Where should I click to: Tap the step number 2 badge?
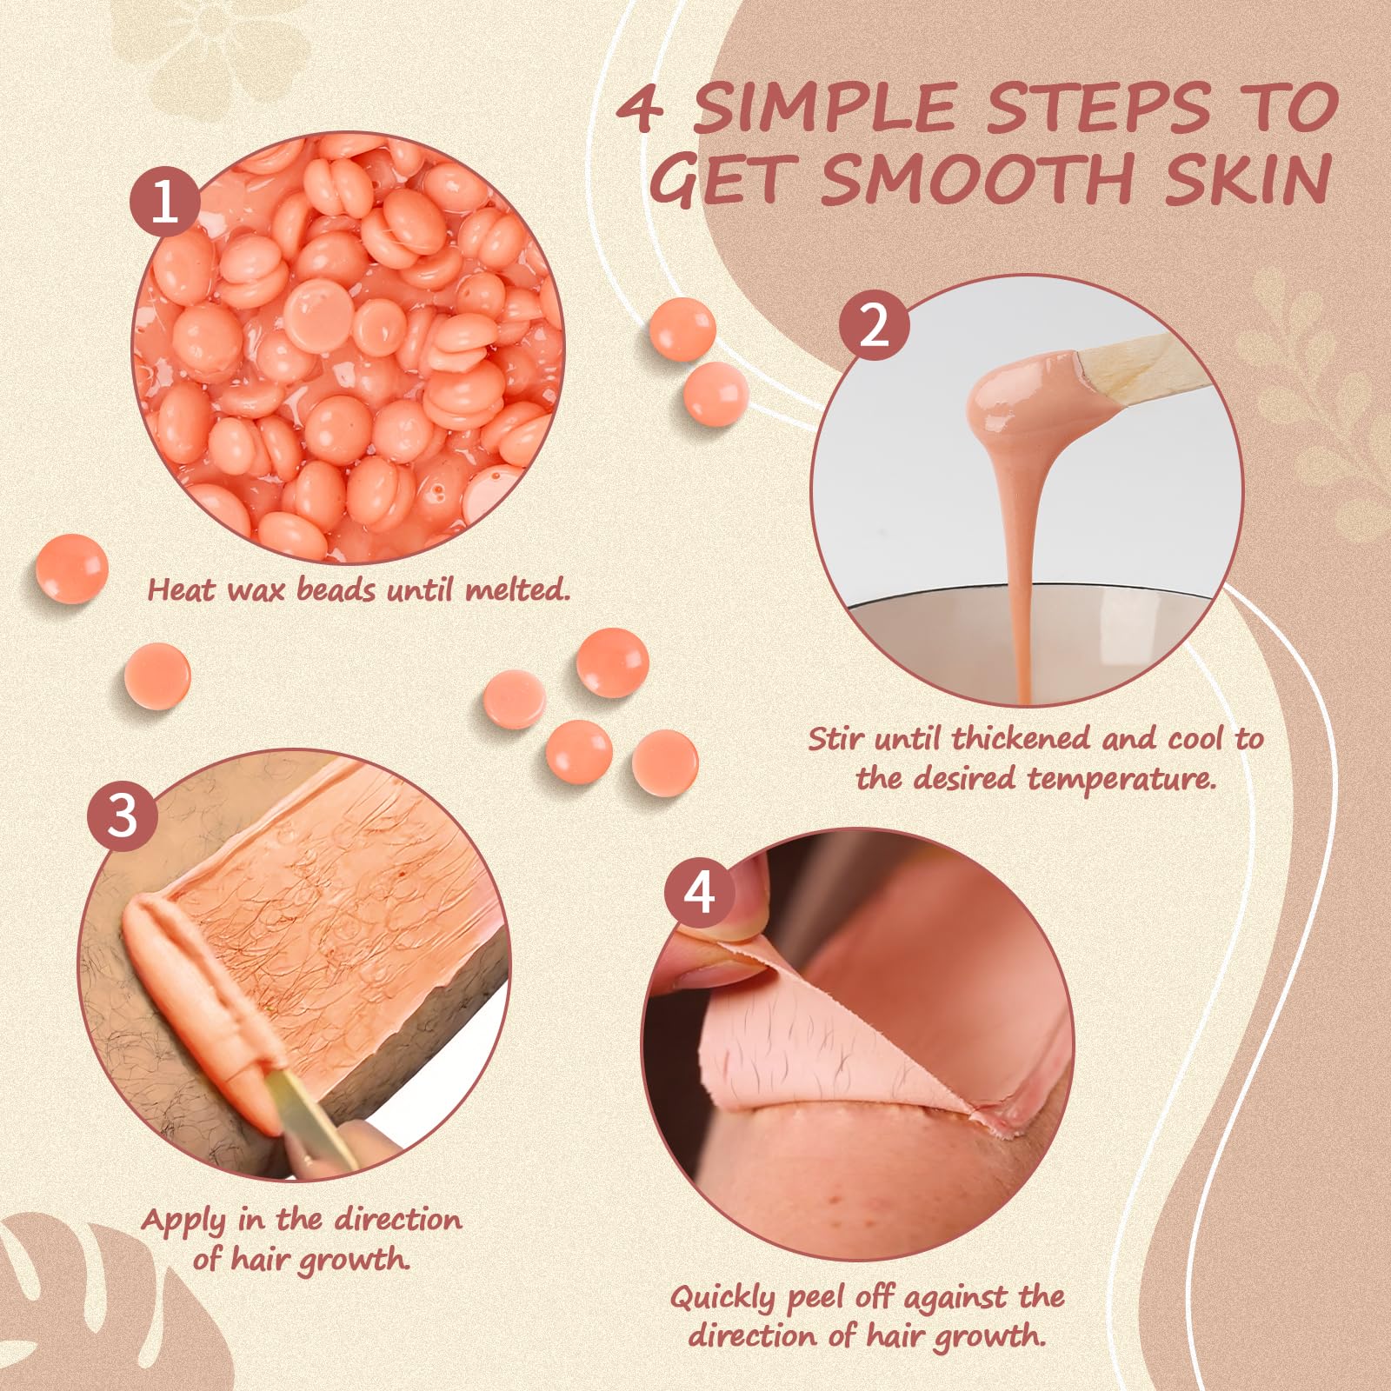[x=875, y=329]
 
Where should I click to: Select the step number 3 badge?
[x=123, y=817]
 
